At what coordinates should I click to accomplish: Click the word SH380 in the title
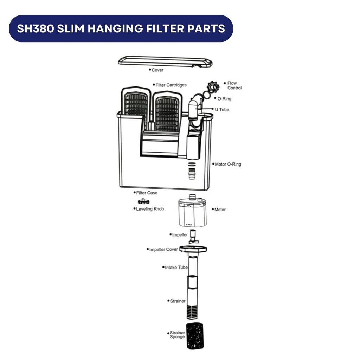[36, 28]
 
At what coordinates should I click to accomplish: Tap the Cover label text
[157, 70]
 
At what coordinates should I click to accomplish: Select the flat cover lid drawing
[165, 62]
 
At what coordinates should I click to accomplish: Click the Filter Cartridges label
[171, 85]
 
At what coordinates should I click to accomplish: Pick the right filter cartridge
[167, 111]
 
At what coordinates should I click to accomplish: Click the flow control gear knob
[213, 87]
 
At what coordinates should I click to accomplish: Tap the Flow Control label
[234, 85]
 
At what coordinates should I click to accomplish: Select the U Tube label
[222, 110]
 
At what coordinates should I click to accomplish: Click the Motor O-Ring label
[228, 165]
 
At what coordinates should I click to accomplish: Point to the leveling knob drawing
[144, 201]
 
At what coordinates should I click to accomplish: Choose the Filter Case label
[147, 193]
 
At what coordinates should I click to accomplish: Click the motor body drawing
[192, 212]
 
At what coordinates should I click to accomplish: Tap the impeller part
[193, 237]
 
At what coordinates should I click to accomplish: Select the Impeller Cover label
[163, 249]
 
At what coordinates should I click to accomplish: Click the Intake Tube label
[176, 268]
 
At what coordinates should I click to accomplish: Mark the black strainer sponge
[195, 336]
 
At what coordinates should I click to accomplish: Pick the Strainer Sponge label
[177, 335]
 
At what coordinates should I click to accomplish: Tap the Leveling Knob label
[150, 209]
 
